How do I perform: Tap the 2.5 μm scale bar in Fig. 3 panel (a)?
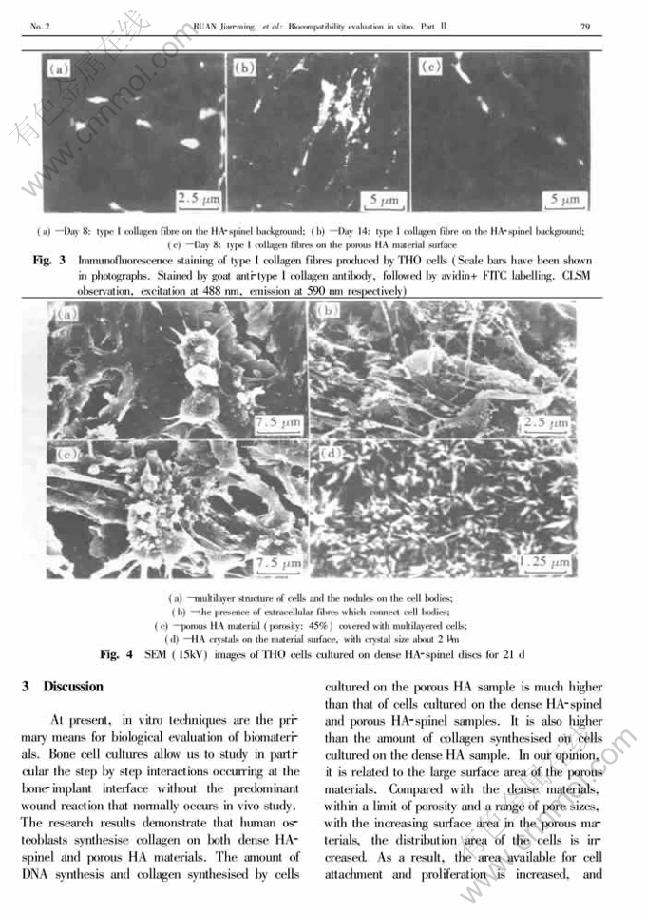tap(199, 199)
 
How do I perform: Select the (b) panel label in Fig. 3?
tap(244, 68)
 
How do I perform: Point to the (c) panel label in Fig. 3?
tap(429, 67)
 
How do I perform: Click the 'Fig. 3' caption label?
tap(49, 260)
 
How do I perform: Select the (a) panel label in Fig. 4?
tap(66, 313)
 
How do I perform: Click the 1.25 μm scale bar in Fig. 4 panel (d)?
tap(545, 564)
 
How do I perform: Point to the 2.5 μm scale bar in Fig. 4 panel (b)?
tap(548, 421)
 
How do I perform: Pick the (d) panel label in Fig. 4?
tap(330, 453)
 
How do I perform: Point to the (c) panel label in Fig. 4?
tap(67, 455)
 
